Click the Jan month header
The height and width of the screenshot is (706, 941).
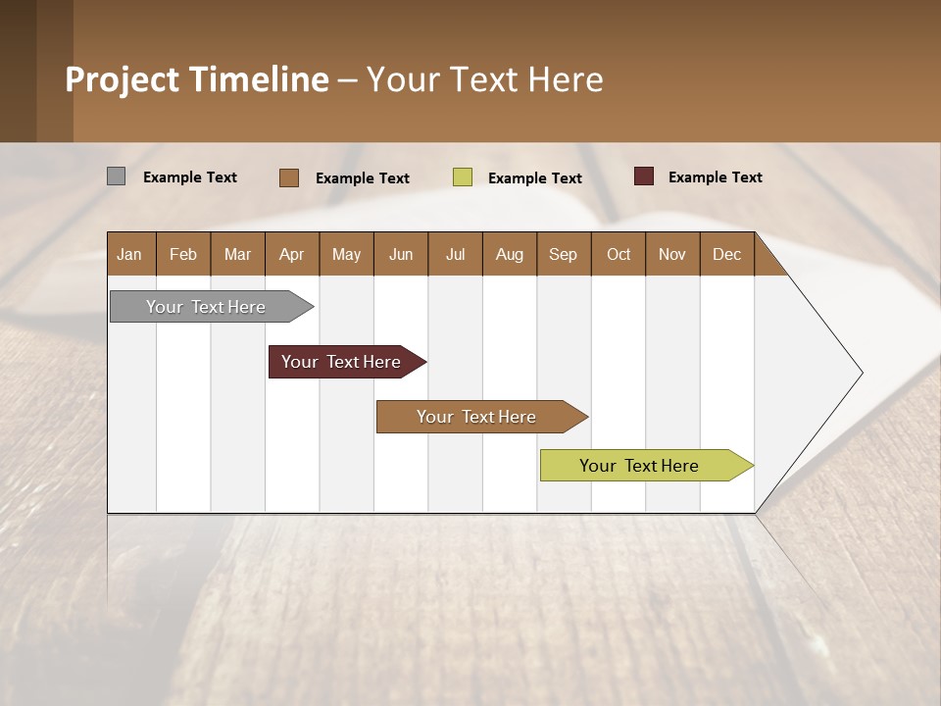(x=130, y=254)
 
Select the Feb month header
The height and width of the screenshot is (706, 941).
(x=183, y=254)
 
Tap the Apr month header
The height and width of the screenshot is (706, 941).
(x=292, y=254)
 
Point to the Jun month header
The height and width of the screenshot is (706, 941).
(x=401, y=254)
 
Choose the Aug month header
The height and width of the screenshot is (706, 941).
(x=510, y=254)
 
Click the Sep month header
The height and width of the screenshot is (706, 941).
(x=564, y=254)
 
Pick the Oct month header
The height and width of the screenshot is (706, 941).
(x=619, y=254)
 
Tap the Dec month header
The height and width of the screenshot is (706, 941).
(x=727, y=254)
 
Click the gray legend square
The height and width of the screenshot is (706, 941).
(x=116, y=176)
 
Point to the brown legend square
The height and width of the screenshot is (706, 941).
(x=288, y=177)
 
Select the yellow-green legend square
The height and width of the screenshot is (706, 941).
(x=463, y=177)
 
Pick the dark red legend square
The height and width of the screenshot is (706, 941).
(x=643, y=176)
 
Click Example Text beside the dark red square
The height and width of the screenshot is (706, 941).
(x=715, y=177)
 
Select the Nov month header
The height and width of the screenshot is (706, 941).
(x=672, y=254)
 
